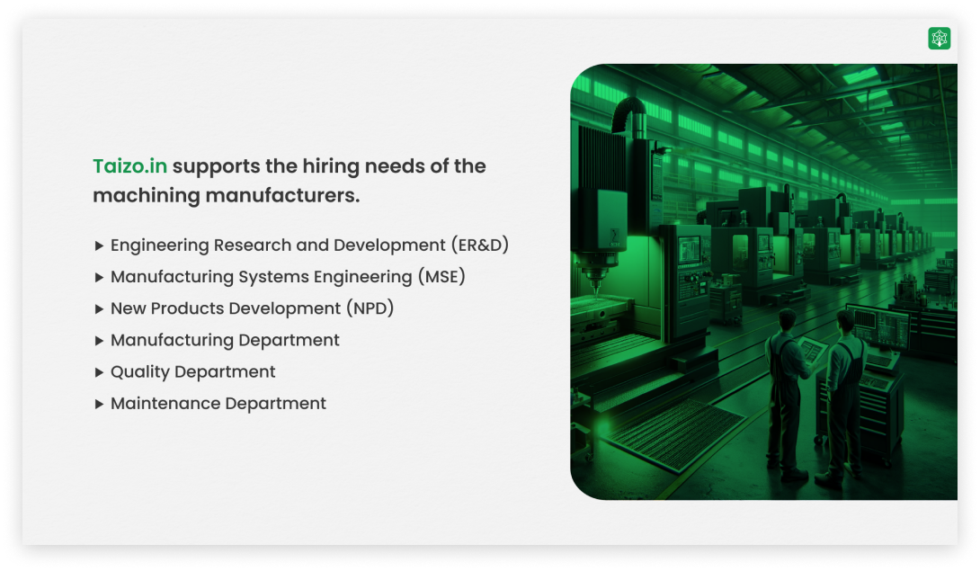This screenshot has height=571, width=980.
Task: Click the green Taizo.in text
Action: pyautogui.click(x=130, y=166)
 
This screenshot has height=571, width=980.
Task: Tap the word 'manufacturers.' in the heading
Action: pyautogui.click(x=282, y=195)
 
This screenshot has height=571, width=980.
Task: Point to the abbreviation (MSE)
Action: pyautogui.click(x=441, y=276)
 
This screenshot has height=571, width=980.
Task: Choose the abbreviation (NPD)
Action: pyautogui.click(x=370, y=308)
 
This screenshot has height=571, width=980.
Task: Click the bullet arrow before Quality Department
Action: pyautogui.click(x=99, y=372)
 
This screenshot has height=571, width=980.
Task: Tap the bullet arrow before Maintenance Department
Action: pyautogui.click(x=99, y=404)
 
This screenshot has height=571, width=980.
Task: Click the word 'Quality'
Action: pyautogui.click(x=140, y=372)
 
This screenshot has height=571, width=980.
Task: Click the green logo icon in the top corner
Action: pyautogui.click(x=940, y=38)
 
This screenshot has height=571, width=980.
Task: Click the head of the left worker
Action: pyautogui.click(x=787, y=319)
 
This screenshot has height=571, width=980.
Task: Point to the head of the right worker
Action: pyautogui.click(x=845, y=322)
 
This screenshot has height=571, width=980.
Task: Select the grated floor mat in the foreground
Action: pyautogui.click(x=675, y=435)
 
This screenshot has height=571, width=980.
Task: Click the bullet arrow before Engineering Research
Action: pyautogui.click(x=99, y=245)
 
